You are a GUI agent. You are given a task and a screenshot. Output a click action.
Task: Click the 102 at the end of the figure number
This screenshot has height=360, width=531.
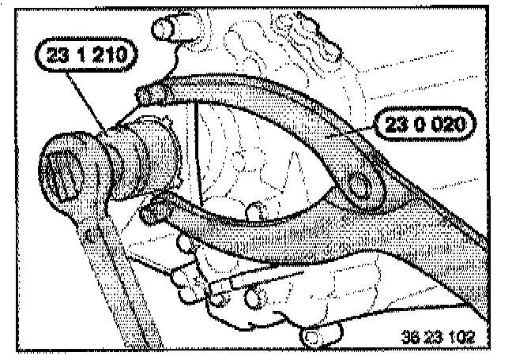click(x=460, y=335)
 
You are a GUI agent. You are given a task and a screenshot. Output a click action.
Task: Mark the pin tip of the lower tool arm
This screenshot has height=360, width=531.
click(x=155, y=212)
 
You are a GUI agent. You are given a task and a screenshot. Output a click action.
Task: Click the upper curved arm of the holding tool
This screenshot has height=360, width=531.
click(x=269, y=99)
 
